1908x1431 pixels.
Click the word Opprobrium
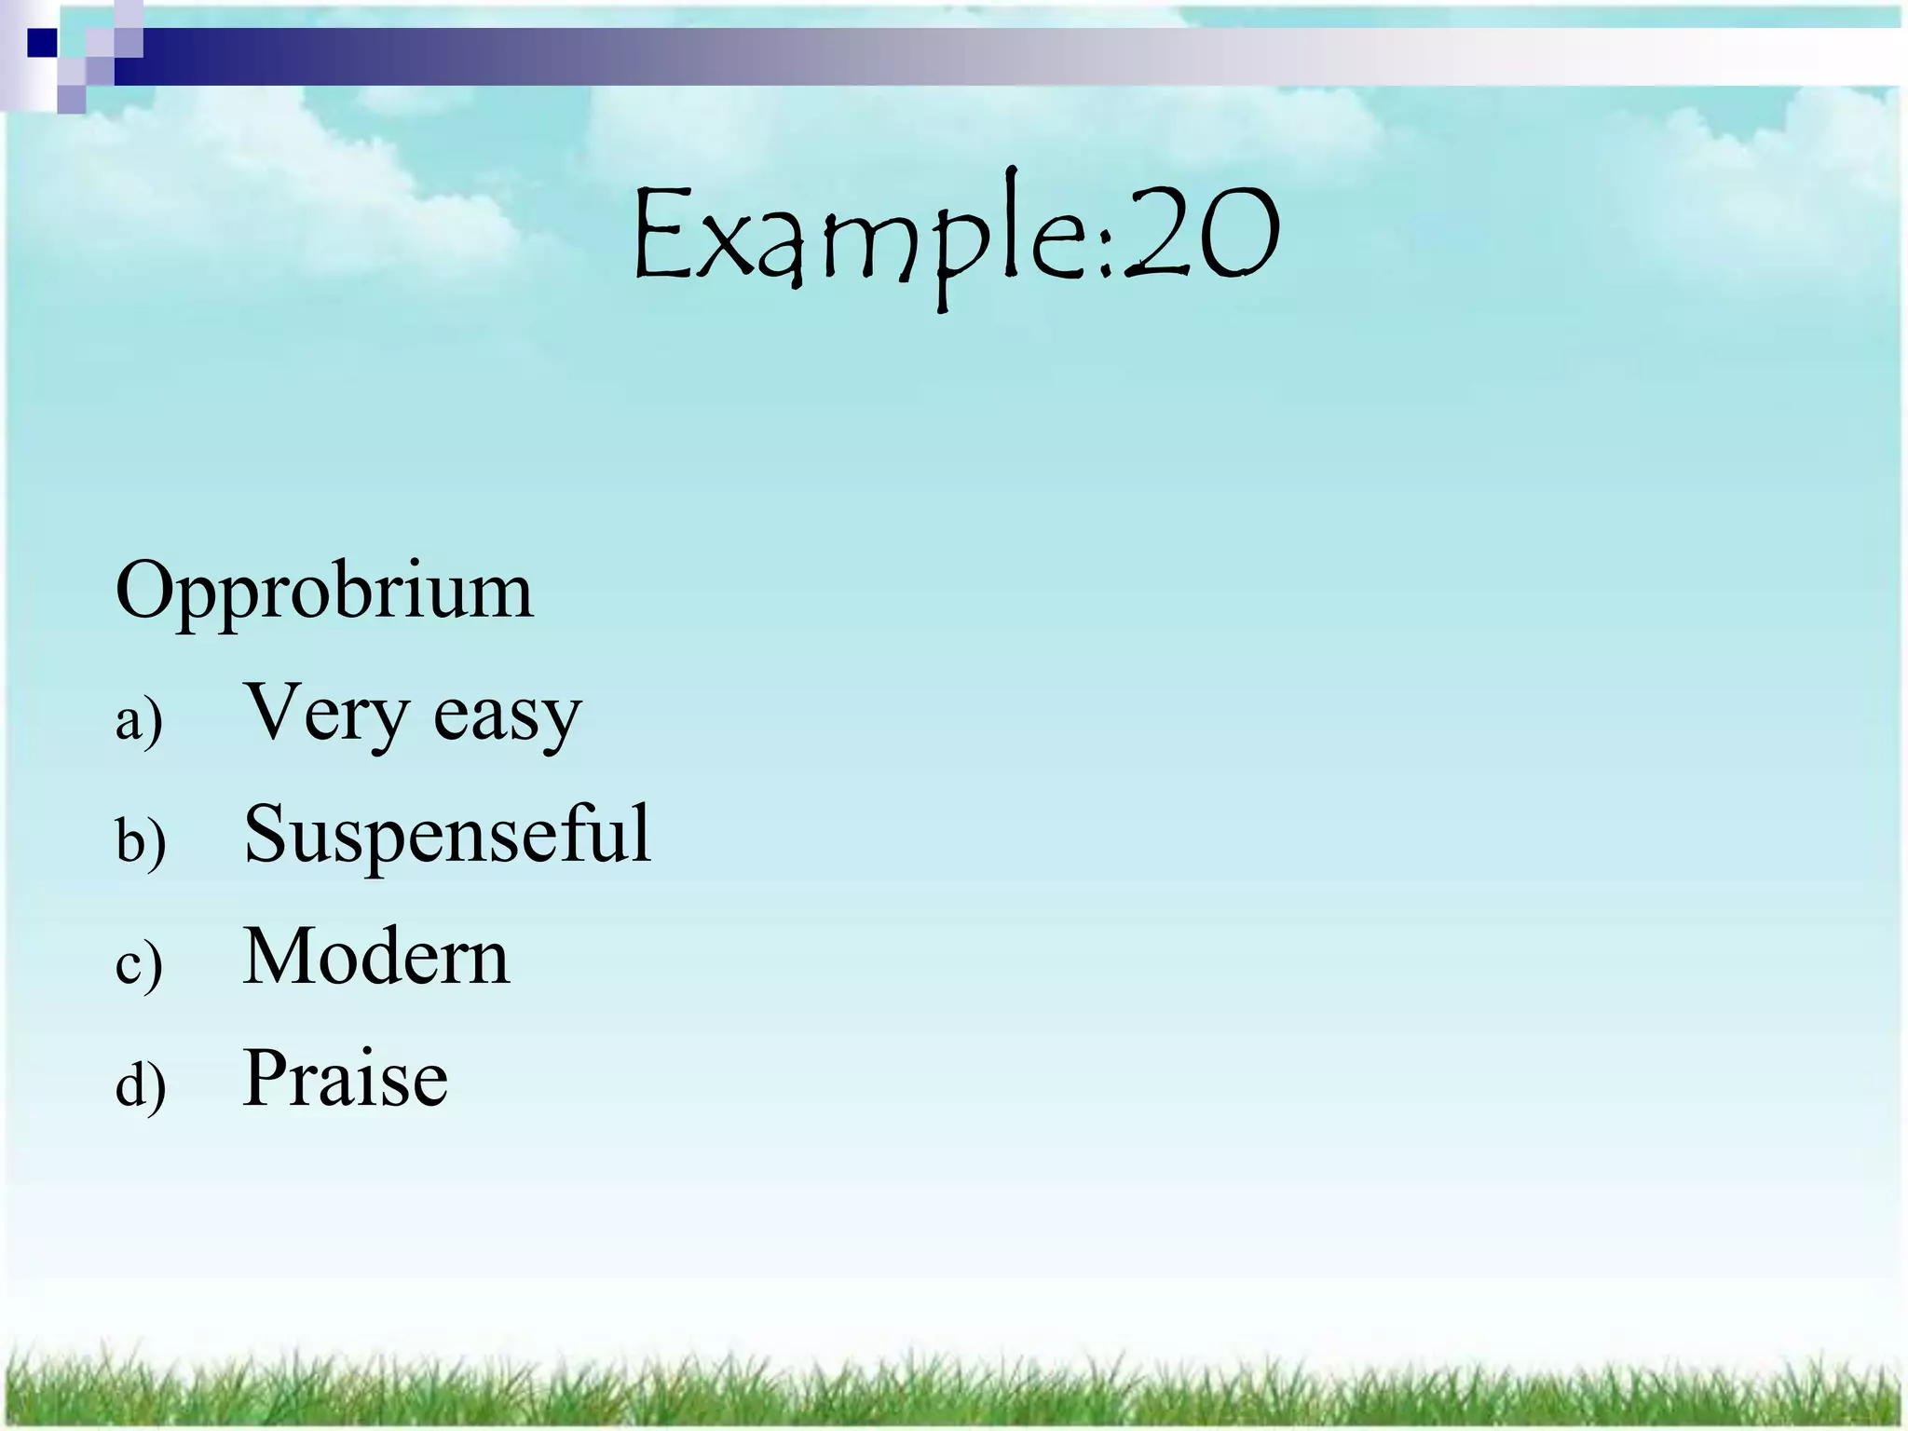pyautogui.click(x=324, y=593)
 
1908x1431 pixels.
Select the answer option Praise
pyautogui.click(x=346, y=1079)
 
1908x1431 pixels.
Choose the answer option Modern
pyautogui.click(x=376, y=957)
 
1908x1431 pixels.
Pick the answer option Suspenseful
pyautogui.click(x=447, y=834)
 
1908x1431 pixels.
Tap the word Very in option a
pyautogui.click(x=325, y=714)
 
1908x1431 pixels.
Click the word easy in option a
pyautogui.click(x=508, y=717)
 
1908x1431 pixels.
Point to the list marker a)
pyautogui.click(x=139, y=721)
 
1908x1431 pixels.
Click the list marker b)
pyautogui.click(x=141, y=841)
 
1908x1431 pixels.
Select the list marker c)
pyautogui.click(x=139, y=965)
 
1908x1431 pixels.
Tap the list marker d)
pyautogui.click(x=141, y=1086)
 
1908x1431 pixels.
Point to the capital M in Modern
pyautogui.click(x=282, y=957)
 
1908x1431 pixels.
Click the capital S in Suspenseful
pyautogui.click(x=265, y=834)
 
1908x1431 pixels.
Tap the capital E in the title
pyautogui.click(x=661, y=233)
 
